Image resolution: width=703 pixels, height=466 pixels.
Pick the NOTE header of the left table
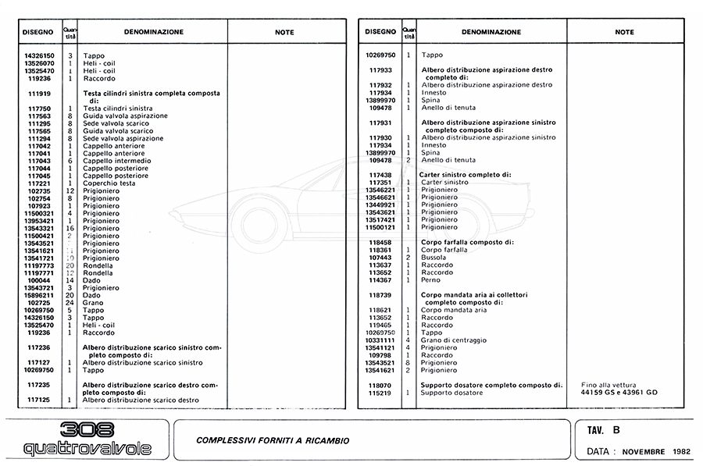[285, 32]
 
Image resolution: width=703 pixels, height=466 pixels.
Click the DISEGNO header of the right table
[379, 32]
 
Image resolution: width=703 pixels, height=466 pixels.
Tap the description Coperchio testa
[109, 183]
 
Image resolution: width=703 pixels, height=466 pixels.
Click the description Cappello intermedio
[116, 161]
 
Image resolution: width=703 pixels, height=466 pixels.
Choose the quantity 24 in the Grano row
[70, 303]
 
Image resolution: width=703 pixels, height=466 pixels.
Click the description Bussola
[434, 257]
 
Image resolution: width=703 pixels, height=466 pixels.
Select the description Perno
[430, 279]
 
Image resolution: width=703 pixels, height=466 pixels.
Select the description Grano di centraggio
[454, 340]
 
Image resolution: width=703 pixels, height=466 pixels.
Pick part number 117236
[38, 347]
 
